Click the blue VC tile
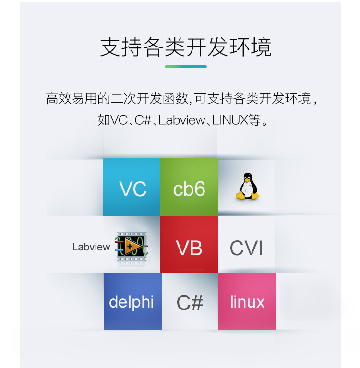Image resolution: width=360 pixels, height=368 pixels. click(132, 188)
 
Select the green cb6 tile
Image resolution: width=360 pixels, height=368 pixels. click(189, 188)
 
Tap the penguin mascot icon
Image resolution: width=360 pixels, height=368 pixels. click(247, 187)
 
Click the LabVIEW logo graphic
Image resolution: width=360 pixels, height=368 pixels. click(132, 248)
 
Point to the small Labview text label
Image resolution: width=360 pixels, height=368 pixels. click(91, 247)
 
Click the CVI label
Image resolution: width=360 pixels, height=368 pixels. click(246, 248)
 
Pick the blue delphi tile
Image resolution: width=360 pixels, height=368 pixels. click(132, 301)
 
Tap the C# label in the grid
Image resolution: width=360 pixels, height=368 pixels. click(190, 302)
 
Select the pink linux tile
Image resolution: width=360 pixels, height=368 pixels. click(247, 301)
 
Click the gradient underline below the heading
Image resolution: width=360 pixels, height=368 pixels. click(185, 67)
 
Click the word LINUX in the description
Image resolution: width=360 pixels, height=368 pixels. click(229, 120)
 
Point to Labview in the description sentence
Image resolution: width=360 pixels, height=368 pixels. click(181, 120)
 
